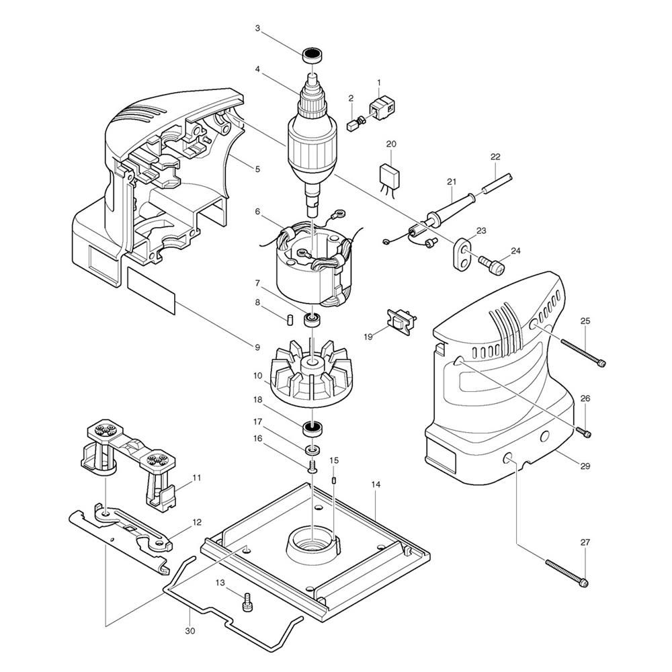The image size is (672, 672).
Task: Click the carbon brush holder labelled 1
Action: [x=382, y=107]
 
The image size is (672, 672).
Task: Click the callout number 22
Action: [x=495, y=157]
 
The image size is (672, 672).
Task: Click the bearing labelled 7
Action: [x=312, y=319]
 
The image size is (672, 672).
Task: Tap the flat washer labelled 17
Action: [x=312, y=449]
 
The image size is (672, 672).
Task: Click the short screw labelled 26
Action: [x=585, y=433]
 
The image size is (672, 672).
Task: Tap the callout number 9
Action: [x=257, y=347]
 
